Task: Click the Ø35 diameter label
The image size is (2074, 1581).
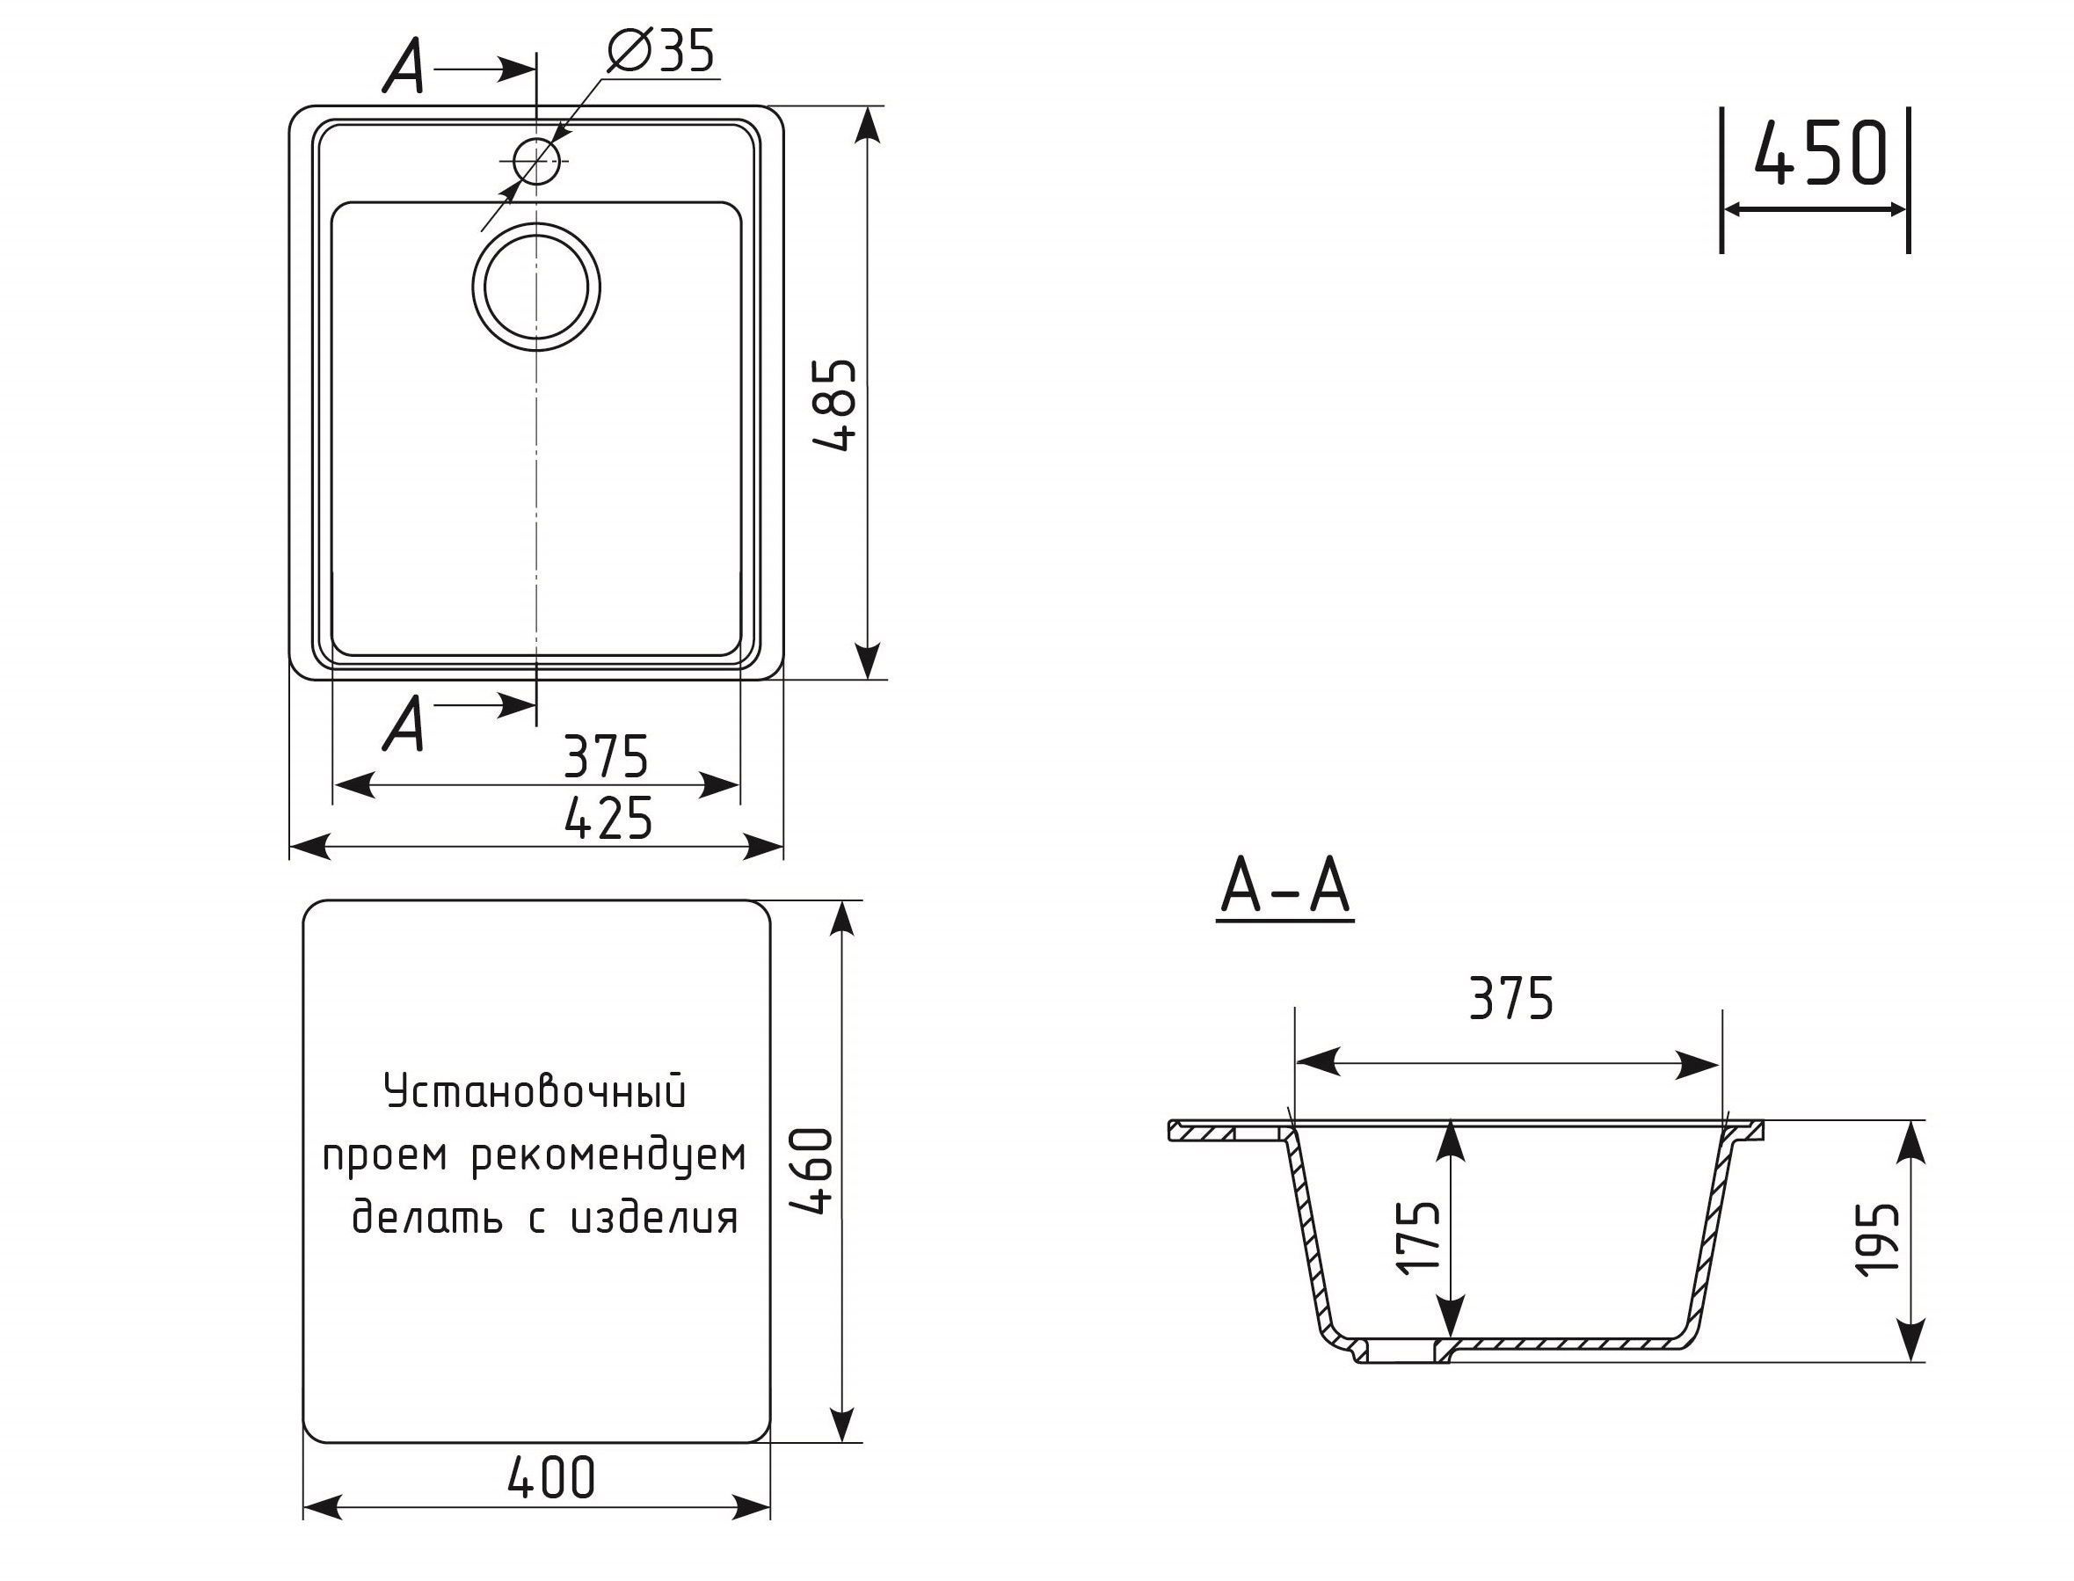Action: point(661,52)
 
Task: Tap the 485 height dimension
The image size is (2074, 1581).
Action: point(835,404)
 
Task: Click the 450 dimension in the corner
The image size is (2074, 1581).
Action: point(1821,152)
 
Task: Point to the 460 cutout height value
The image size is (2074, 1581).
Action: point(811,1171)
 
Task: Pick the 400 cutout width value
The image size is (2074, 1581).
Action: point(551,1477)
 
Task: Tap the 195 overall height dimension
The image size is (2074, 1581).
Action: point(1876,1241)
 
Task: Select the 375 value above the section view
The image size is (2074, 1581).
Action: point(1511,999)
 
